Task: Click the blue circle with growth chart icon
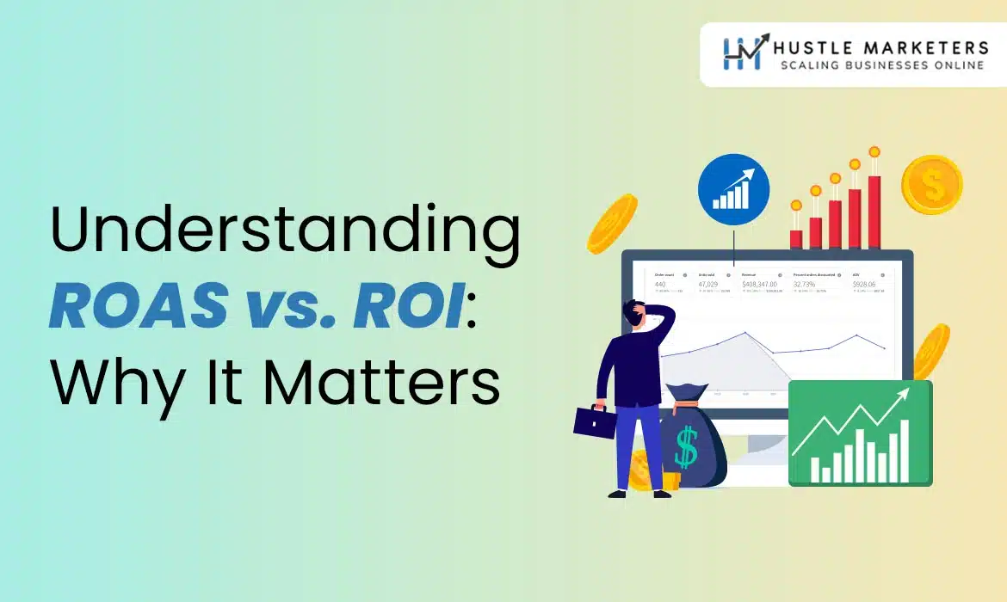[x=733, y=189]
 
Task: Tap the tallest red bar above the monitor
[x=874, y=211]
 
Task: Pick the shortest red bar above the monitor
[x=796, y=238]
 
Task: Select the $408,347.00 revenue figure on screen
[x=759, y=283]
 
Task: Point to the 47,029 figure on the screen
[x=708, y=283]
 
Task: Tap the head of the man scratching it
[x=638, y=315]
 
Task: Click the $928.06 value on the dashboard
[x=863, y=283]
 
